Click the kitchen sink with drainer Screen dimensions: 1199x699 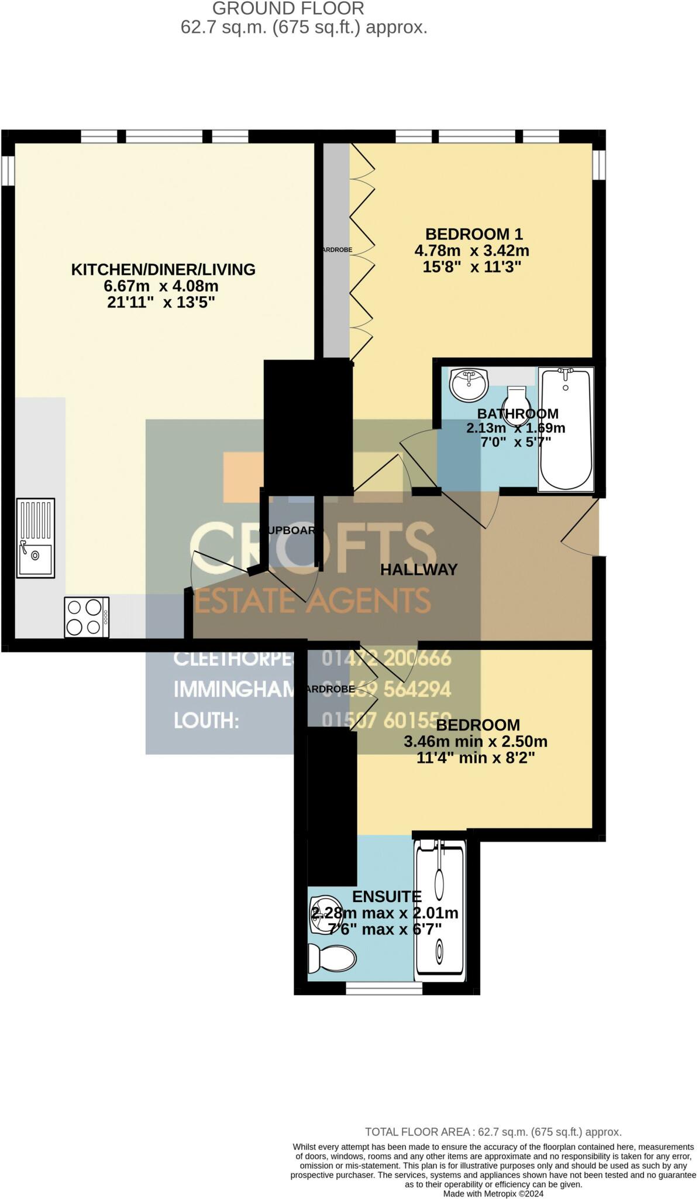pyautogui.click(x=36, y=538)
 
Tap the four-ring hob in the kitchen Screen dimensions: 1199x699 pyautogui.click(x=86, y=617)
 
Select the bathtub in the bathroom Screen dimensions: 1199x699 pyautogui.click(x=566, y=429)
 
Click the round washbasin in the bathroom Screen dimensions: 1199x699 pyautogui.click(x=469, y=384)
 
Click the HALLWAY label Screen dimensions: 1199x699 pyautogui.click(x=419, y=570)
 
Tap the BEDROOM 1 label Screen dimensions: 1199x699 pyautogui.click(x=474, y=234)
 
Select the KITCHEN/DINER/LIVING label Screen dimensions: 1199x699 pyautogui.click(x=163, y=269)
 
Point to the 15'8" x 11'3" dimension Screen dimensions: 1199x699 pyautogui.click(x=471, y=268)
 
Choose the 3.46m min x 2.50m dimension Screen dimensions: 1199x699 pyautogui.click(x=476, y=742)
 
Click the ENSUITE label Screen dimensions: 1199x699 pyautogui.click(x=387, y=896)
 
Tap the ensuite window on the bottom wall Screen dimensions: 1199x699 pyautogui.click(x=384, y=989)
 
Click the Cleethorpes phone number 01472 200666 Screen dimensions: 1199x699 pyautogui.click(x=387, y=658)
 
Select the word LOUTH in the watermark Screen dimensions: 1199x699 pyautogui.click(x=206, y=720)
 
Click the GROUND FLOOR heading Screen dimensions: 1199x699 pyautogui.click(x=288, y=9)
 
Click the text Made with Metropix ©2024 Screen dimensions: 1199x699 pyautogui.click(x=494, y=1193)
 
